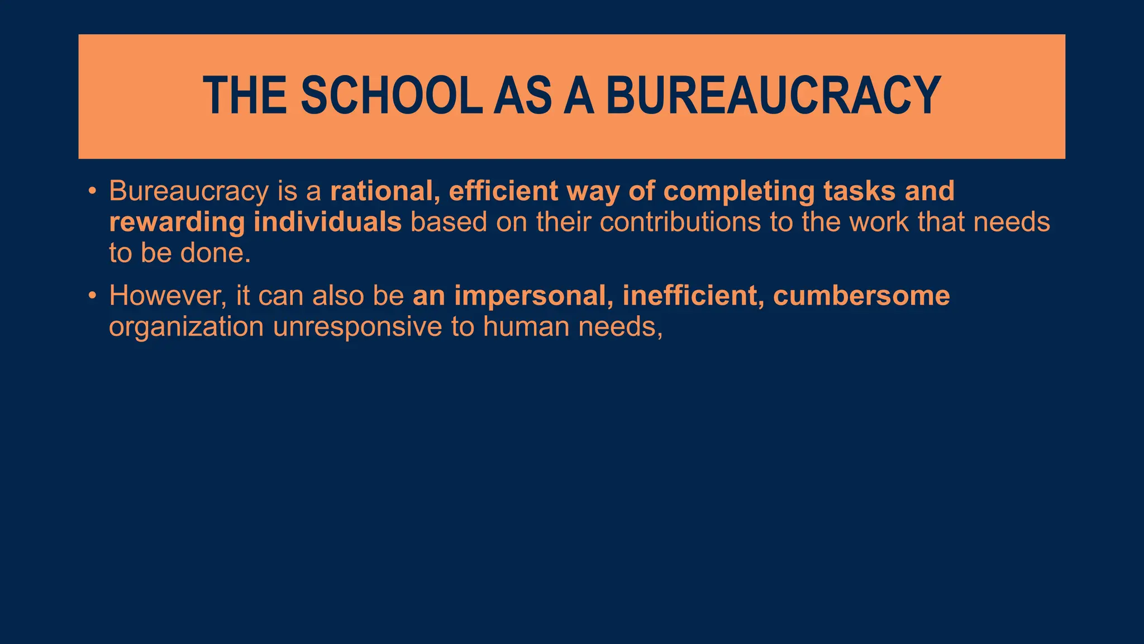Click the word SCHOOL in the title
pyautogui.click(x=391, y=96)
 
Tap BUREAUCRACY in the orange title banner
pyautogui.click(x=774, y=96)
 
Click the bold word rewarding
pyautogui.click(x=177, y=223)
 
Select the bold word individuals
pyautogui.click(x=327, y=222)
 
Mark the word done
pyautogui.click(x=214, y=253)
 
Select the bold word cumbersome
pyautogui.click(x=861, y=296)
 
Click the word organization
pyautogui.click(x=186, y=328)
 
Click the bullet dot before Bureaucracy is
pyautogui.click(x=92, y=192)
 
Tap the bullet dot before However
pyautogui.click(x=92, y=296)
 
